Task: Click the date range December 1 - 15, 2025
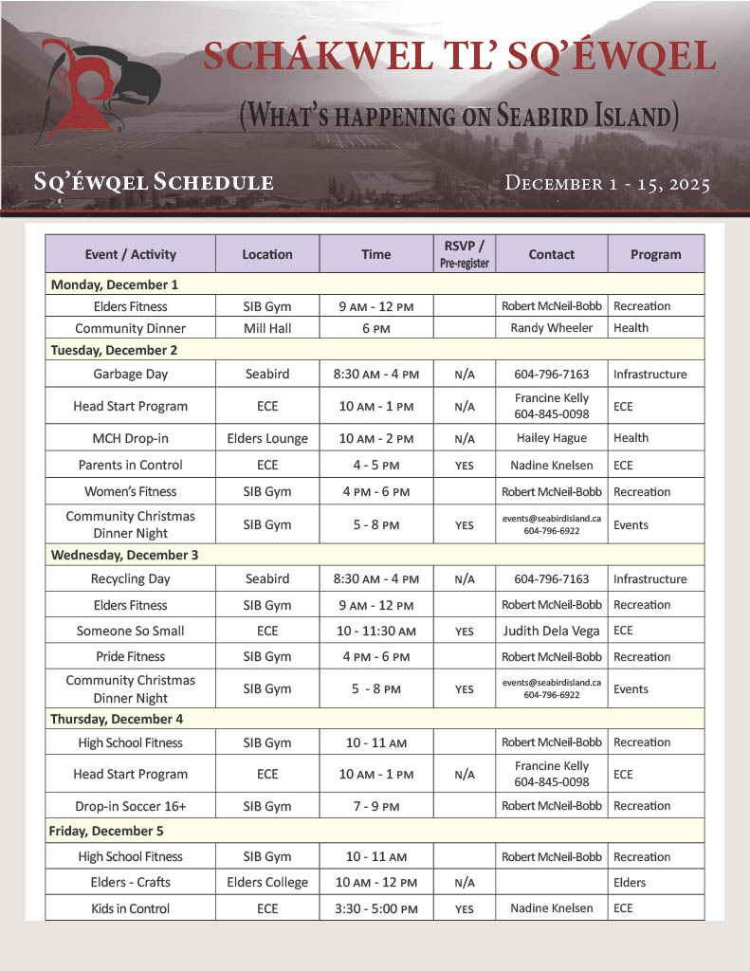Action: pyautogui.click(x=608, y=183)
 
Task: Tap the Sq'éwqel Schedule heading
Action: pyautogui.click(x=153, y=183)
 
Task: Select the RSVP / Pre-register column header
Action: pyautogui.click(x=464, y=254)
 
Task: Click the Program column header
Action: pyautogui.click(x=655, y=254)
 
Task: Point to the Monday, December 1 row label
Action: pyautogui.click(x=114, y=284)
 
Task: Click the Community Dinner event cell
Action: pyautogui.click(x=130, y=328)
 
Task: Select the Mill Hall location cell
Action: pyautogui.click(x=266, y=328)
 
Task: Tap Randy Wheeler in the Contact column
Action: pyautogui.click(x=551, y=328)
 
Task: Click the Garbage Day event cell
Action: pyautogui.click(x=130, y=374)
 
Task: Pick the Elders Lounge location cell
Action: pyautogui.click(x=266, y=438)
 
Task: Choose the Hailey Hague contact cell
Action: pyautogui.click(x=551, y=438)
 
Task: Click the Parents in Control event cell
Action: pyautogui.click(x=130, y=465)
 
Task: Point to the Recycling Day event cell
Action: pyautogui.click(x=130, y=578)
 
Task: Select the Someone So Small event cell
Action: pyautogui.click(x=130, y=631)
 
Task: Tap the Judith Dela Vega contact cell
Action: pyautogui.click(x=551, y=631)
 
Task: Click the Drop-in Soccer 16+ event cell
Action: pyautogui.click(x=130, y=806)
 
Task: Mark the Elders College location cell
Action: pyautogui.click(x=266, y=882)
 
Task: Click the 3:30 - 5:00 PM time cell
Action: pyautogui.click(x=375, y=908)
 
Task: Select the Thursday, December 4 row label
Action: pyautogui.click(x=117, y=719)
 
